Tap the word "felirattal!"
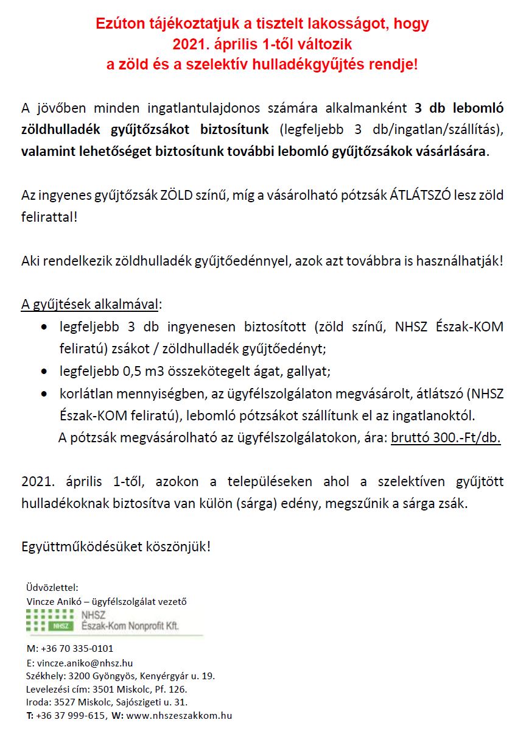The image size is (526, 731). (49, 216)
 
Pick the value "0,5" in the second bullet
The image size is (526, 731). (136, 370)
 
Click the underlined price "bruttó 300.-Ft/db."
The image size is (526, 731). (446, 438)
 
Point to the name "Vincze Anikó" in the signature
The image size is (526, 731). (54, 601)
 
